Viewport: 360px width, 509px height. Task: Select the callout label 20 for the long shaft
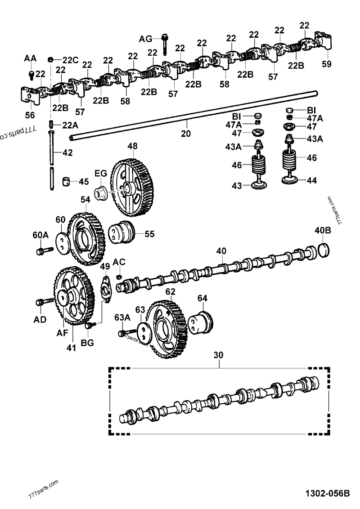185,134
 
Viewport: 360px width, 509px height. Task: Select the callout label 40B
323,231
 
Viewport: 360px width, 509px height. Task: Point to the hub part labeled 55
122,233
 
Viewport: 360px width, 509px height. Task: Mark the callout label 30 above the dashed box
218,355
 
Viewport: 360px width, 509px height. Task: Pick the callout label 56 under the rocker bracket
30,115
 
